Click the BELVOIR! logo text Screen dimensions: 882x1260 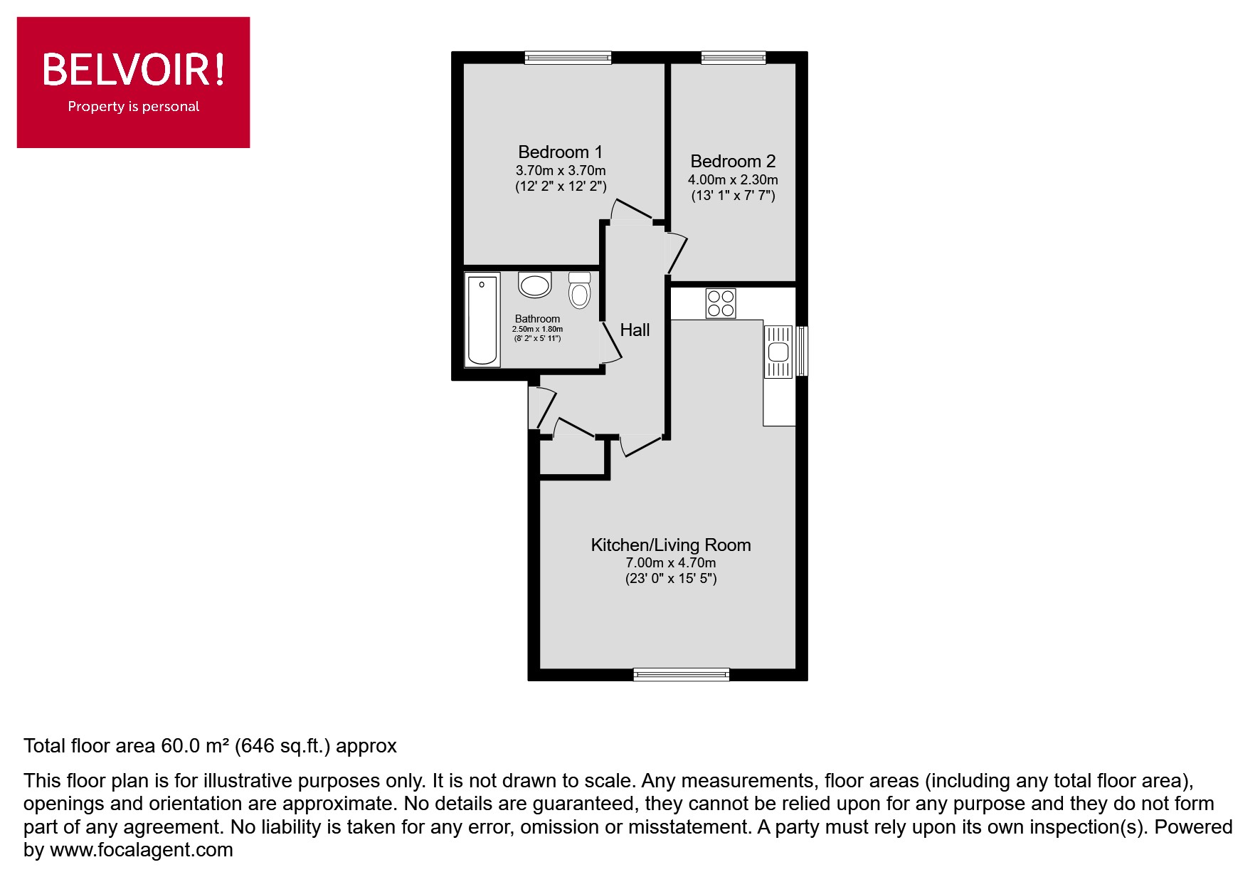click(134, 70)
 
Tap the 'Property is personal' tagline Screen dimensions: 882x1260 click(134, 107)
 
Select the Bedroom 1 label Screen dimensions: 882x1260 click(560, 152)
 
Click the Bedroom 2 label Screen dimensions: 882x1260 click(733, 161)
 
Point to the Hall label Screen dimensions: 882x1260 click(635, 330)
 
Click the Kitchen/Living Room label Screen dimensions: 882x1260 click(671, 545)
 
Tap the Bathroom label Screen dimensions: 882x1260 click(537, 319)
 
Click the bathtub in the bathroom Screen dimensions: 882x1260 click(482, 320)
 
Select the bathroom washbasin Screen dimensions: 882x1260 click(535, 285)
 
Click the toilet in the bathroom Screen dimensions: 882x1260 click(580, 290)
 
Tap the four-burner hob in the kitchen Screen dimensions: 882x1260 click(721, 303)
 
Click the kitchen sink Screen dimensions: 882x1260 click(778, 352)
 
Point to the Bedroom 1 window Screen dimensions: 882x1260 click(568, 58)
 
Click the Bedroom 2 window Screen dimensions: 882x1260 click(734, 58)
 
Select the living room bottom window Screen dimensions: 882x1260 click(682, 674)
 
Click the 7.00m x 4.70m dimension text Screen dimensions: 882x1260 click(671, 562)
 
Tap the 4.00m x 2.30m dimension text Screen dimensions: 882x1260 click(733, 179)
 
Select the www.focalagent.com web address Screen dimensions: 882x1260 click(141, 850)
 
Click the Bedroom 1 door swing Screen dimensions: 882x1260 click(631, 211)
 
